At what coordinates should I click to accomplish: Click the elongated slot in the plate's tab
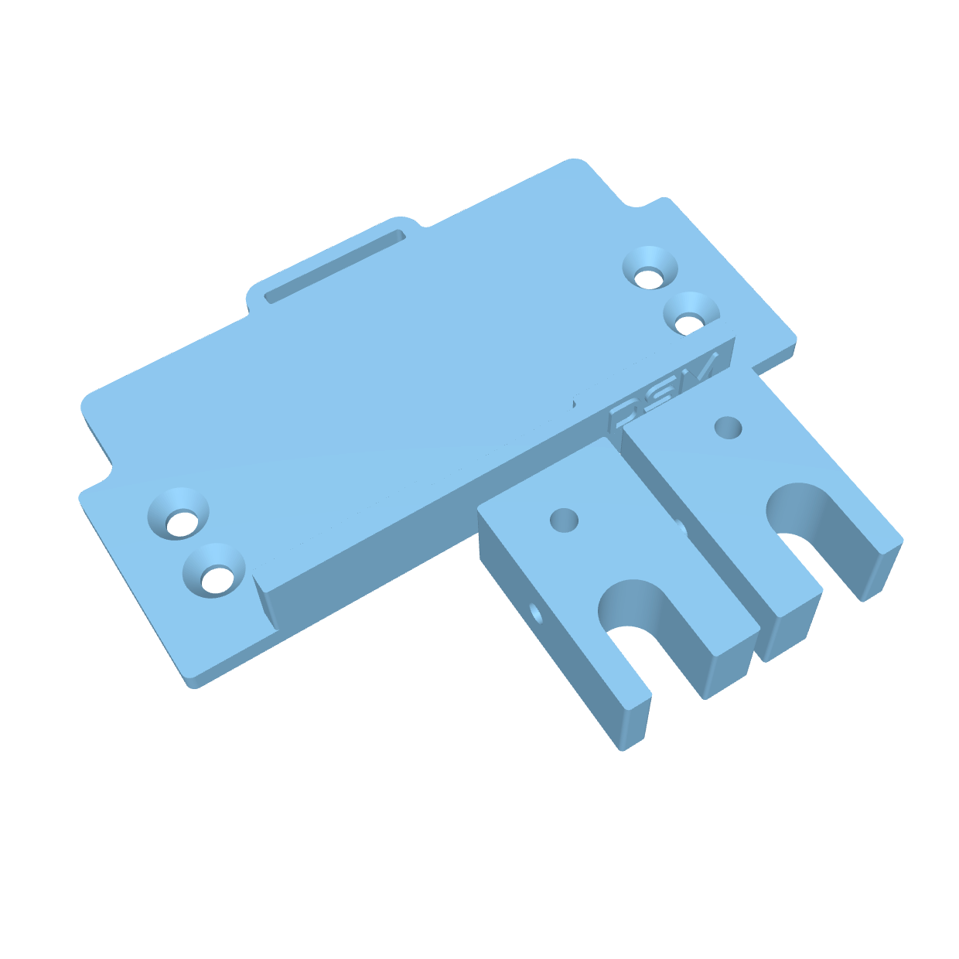[x=336, y=265]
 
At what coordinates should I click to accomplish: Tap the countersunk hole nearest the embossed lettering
[x=691, y=316]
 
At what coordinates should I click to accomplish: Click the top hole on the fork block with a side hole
[x=564, y=519]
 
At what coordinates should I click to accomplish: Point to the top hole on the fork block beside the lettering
[x=728, y=427]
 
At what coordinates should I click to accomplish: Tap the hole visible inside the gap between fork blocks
[x=681, y=528]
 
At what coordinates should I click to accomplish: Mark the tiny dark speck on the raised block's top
[x=575, y=403]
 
